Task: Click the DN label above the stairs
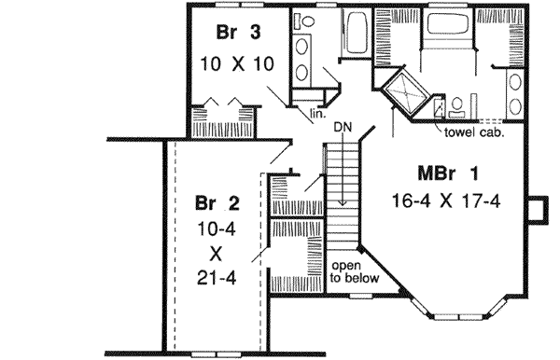343,125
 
